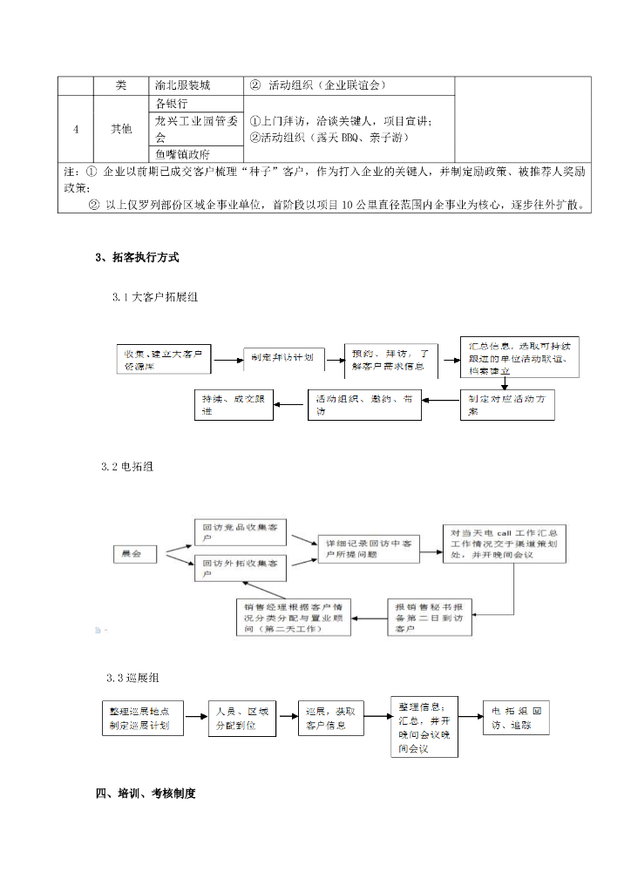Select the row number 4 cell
click(x=76, y=129)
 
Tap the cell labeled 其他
click(x=121, y=129)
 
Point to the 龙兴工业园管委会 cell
click(x=197, y=129)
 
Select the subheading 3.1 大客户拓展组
click(x=155, y=297)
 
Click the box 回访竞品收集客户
click(x=242, y=533)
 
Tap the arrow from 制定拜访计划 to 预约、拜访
click(x=334, y=358)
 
